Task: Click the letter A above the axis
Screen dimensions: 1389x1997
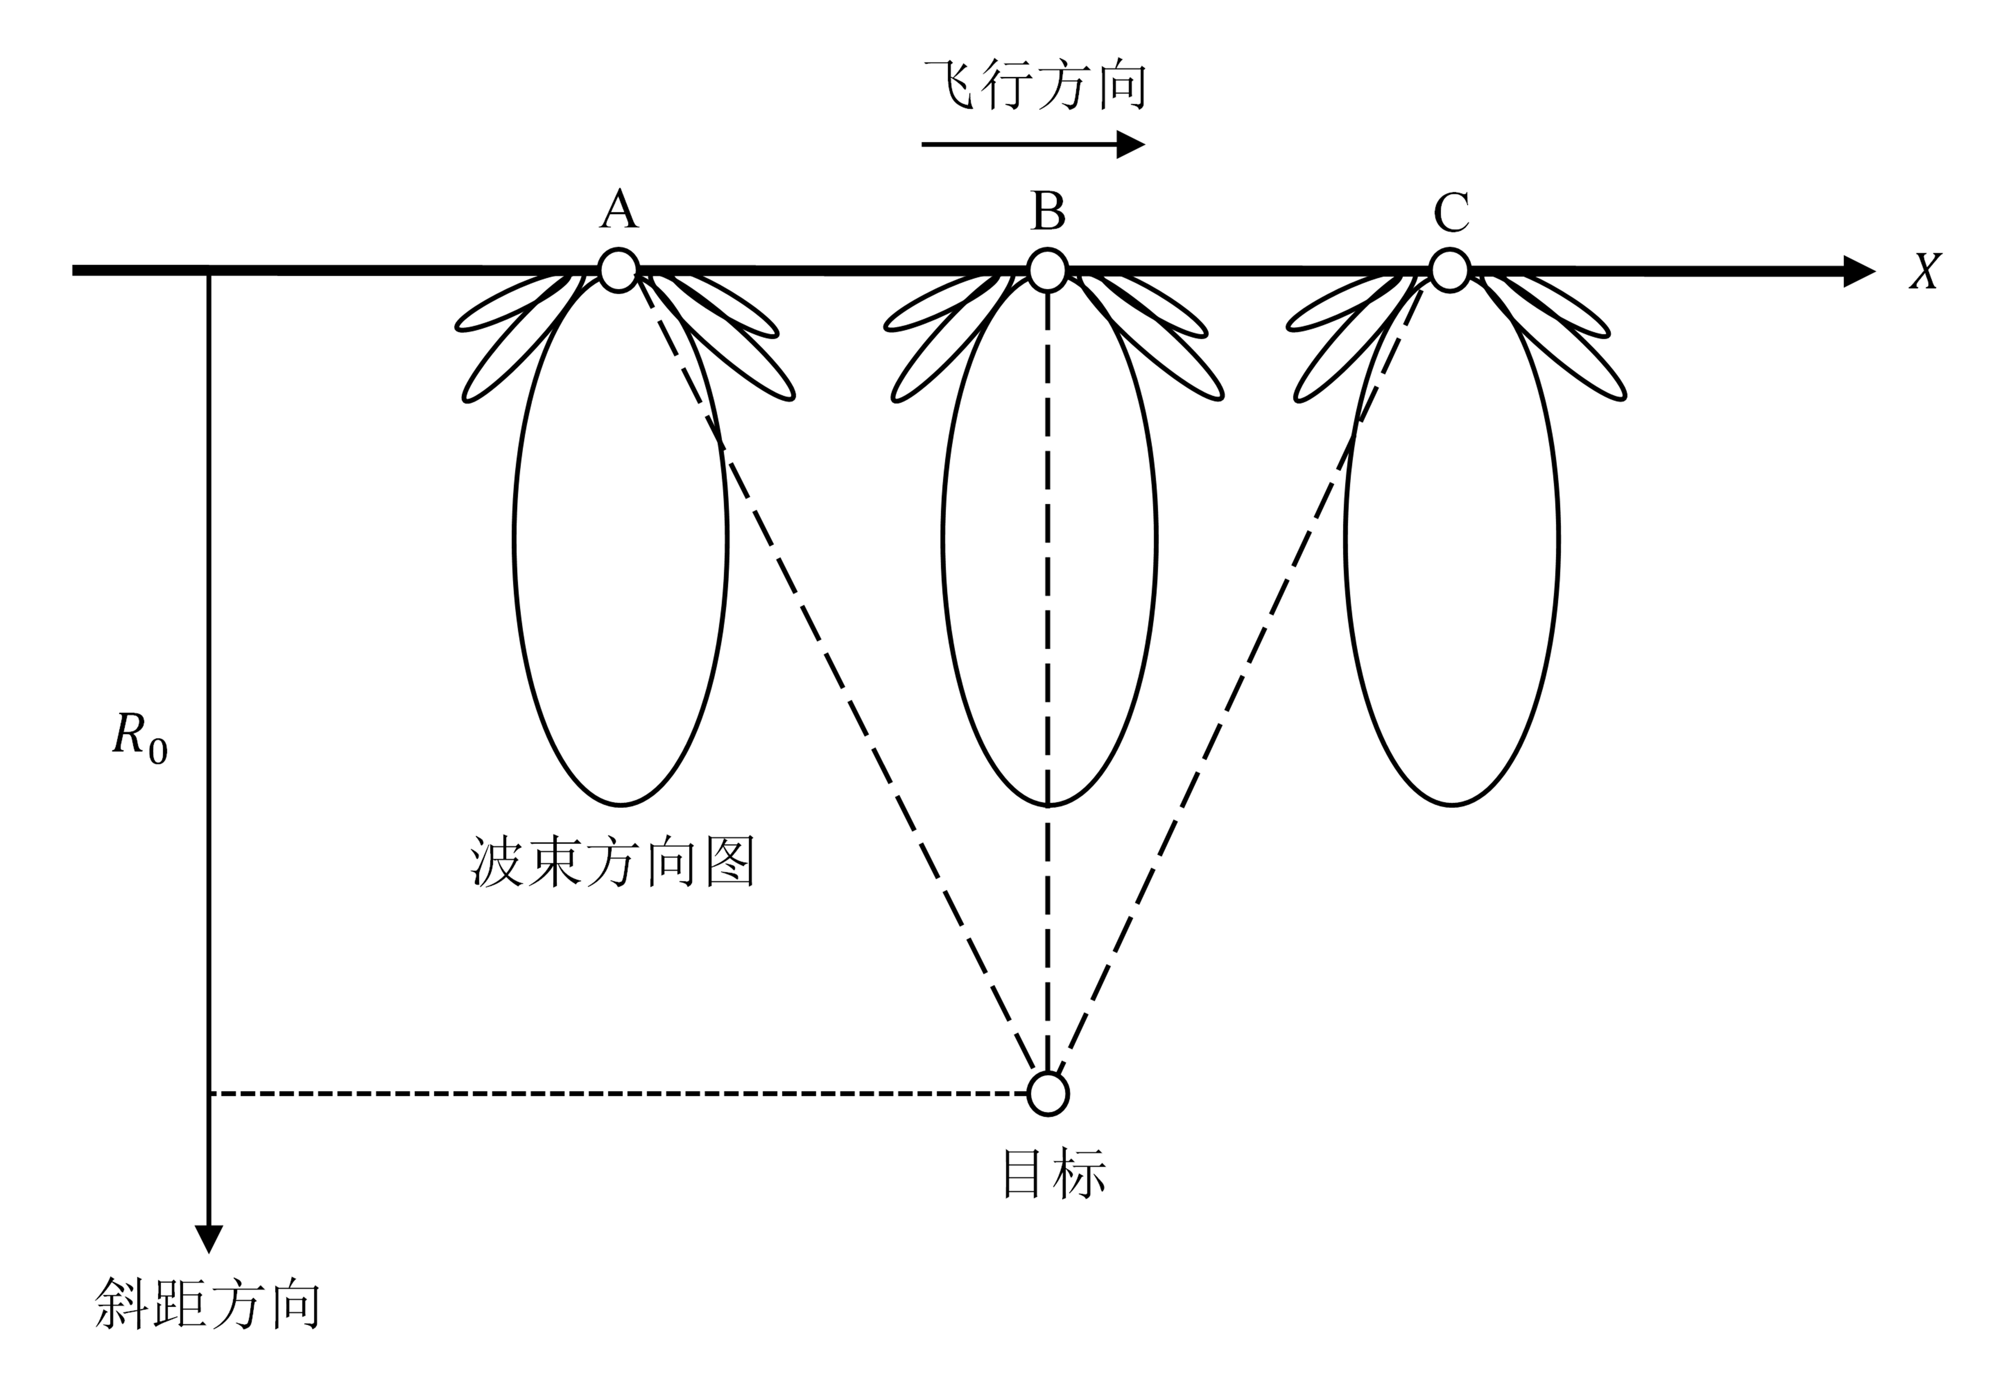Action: (x=618, y=211)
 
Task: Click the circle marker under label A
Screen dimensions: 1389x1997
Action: (x=618, y=270)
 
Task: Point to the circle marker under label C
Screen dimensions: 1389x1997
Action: (x=1449, y=270)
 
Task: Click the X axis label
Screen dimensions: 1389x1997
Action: (x=1925, y=271)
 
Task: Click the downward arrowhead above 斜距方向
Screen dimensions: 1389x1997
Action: (x=209, y=1238)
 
